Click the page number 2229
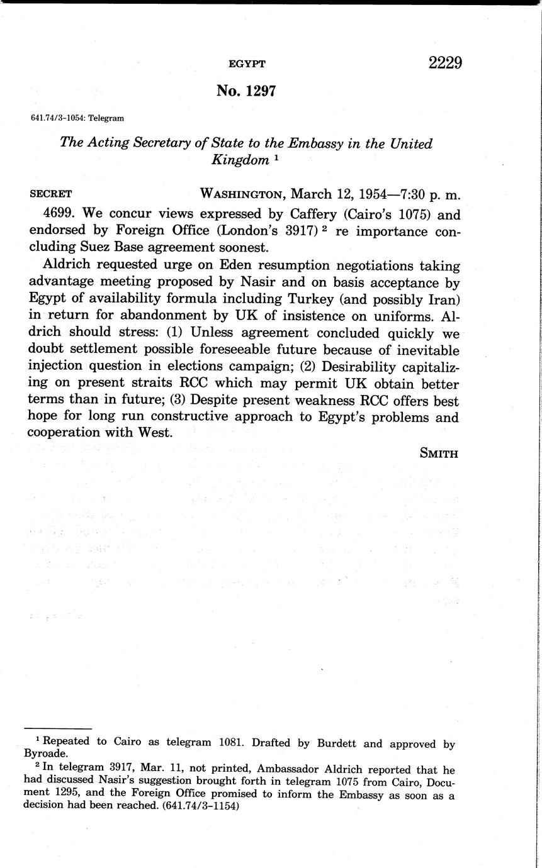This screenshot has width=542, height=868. [x=445, y=63]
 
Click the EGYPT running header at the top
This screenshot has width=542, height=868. [x=246, y=64]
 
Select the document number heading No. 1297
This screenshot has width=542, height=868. [x=246, y=91]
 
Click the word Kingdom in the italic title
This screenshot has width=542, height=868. [x=239, y=160]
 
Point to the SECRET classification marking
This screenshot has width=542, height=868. [x=51, y=194]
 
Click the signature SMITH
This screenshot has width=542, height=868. [x=439, y=453]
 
